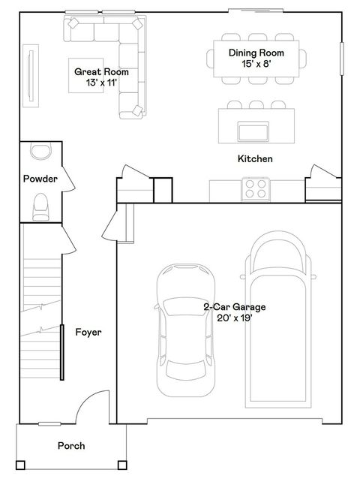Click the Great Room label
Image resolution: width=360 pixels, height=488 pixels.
(x=101, y=72)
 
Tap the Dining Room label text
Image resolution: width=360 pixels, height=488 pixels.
(x=256, y=53)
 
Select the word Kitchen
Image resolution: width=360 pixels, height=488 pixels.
(x=255, y=159)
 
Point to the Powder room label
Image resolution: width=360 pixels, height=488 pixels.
(x=40, y=179)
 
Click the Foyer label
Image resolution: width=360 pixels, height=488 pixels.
(x=88, y=332)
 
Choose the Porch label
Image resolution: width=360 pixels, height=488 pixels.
(x=71, y=446)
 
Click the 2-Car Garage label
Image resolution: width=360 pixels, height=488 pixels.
(x=235, y=307)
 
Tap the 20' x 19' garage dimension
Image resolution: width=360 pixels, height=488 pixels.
(x=235, y=318)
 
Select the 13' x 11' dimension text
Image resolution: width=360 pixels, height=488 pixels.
(x=101, y=83)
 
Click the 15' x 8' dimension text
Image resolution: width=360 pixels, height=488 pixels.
(x=256, y=64)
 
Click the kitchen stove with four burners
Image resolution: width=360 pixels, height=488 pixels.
(x=256, y=188)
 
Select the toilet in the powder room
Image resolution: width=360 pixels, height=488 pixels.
(x=40, y=206)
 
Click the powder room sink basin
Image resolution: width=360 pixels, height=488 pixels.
(x=40, y=152)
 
